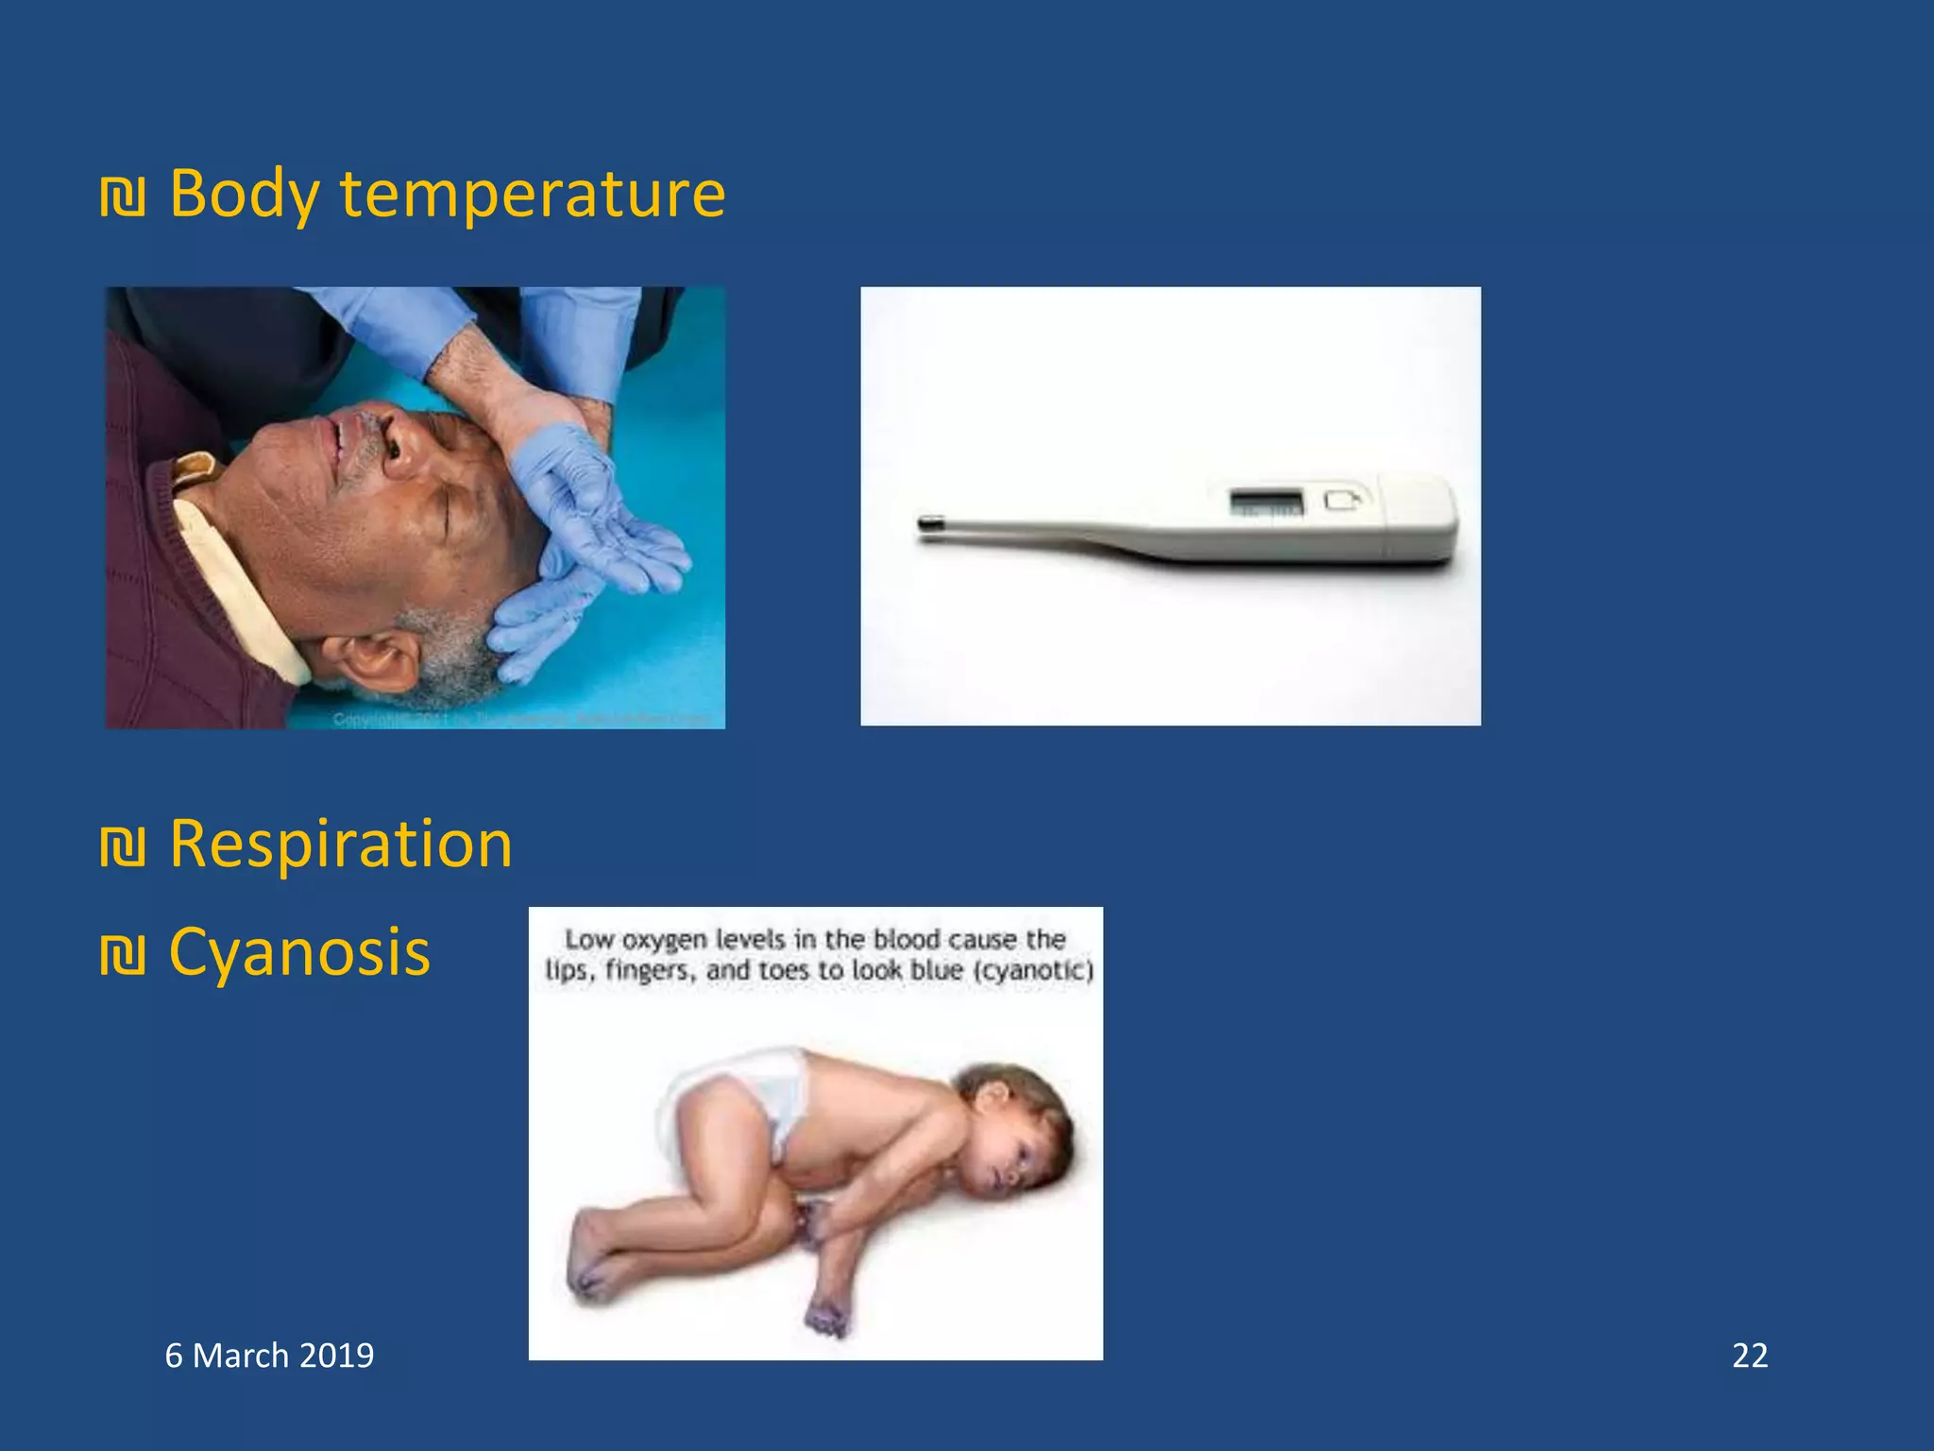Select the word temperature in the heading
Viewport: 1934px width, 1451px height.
tap(533, 195)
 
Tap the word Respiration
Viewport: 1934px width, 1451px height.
tap(340, 844)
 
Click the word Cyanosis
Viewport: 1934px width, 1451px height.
tap(299, 952)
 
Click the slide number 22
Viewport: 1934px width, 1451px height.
tap(1749, 1356)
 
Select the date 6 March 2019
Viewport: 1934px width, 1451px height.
tap(269, 1356)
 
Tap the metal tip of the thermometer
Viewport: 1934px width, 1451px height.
tap(930, 522)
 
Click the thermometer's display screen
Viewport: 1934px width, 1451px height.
tap(1266, 502)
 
